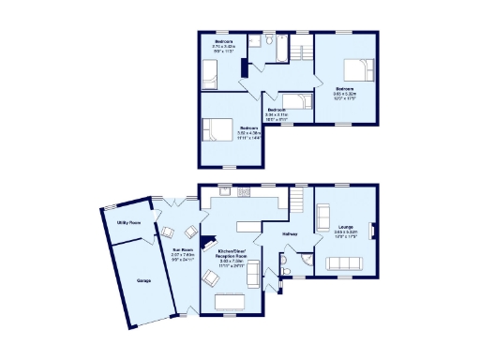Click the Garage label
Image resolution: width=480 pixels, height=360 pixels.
[x=142, y=280]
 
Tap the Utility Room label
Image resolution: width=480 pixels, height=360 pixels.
[x=128, y=223]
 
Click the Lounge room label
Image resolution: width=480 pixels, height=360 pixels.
[x=345, y=233]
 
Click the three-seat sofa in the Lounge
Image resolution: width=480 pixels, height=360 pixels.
[x=345, y=263]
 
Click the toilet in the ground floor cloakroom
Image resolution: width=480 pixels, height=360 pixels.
[x=285, y=266]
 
